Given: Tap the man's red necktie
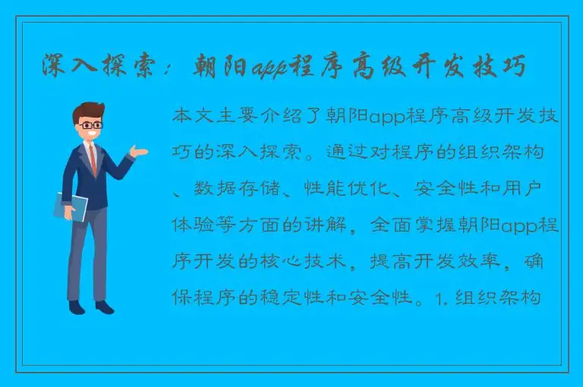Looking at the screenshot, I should (93, 159).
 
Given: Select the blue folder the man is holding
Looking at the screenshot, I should (71, 206).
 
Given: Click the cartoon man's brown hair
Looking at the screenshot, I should (87, 109).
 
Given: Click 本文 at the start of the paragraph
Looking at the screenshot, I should (193, 117).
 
